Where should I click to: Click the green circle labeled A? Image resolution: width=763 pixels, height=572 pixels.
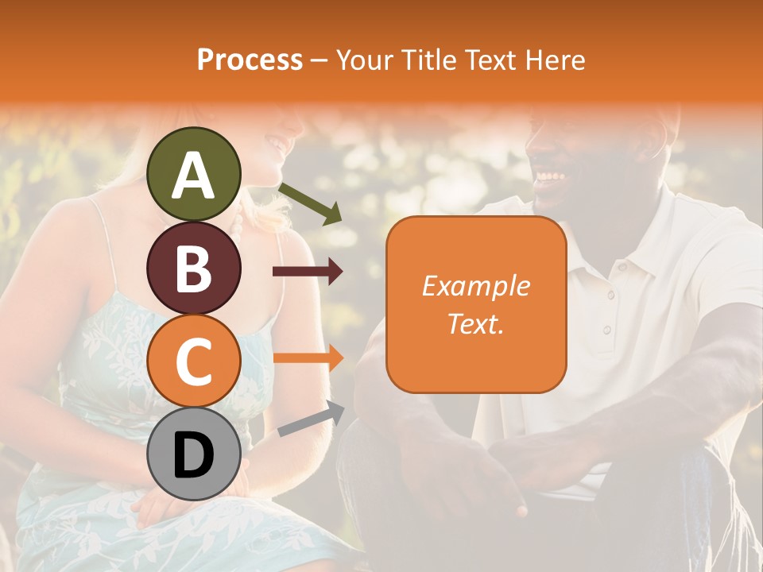[193, 174]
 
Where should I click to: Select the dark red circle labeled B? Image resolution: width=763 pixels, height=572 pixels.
[193, 268]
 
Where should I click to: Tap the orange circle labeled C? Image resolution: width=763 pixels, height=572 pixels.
[193, 361]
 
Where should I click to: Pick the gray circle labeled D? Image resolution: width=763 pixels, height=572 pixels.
[193, 454]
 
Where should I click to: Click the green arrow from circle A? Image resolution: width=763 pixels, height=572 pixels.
[310, 203]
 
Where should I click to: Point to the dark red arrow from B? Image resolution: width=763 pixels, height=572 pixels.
[308, 272]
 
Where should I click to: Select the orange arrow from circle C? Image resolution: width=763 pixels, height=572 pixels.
[308, 357]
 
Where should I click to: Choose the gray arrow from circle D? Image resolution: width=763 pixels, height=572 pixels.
[311, 419]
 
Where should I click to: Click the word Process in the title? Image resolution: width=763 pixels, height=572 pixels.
[250, 60]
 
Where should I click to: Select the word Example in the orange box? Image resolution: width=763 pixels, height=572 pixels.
[475, 286]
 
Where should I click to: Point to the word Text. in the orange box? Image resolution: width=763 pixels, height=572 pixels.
[475, 323]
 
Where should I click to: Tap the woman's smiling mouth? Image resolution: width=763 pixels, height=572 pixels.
[276, 145]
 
